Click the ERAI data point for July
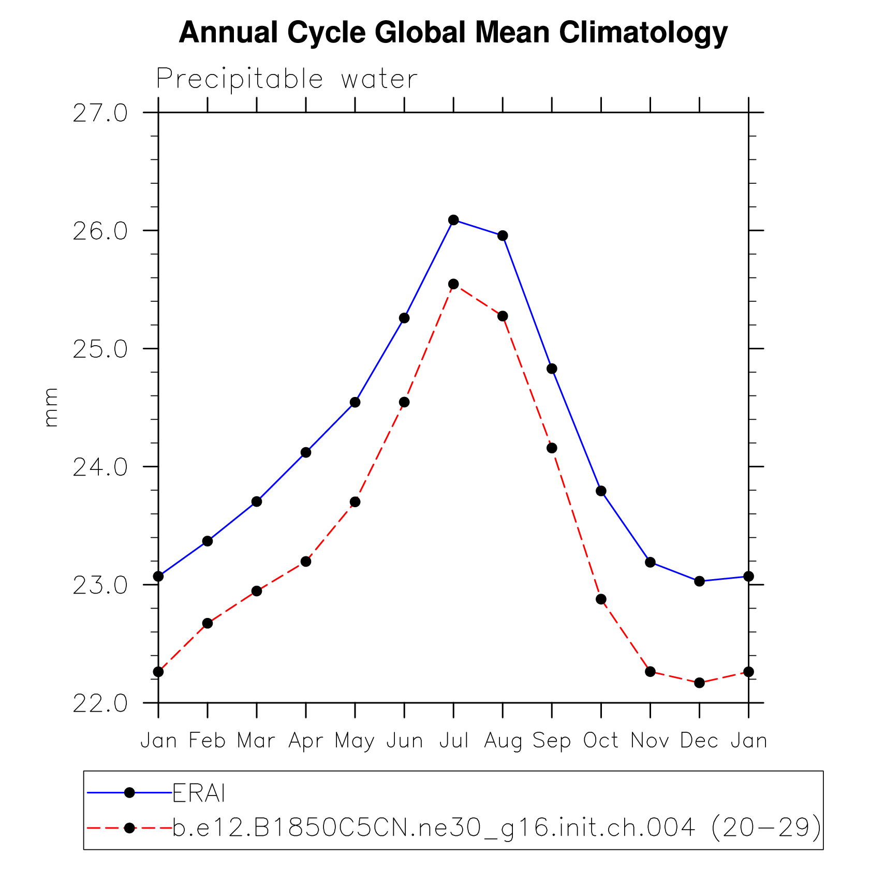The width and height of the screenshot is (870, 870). (453, 220)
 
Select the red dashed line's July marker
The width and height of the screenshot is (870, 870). (453, 284)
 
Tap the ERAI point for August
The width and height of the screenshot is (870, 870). (503, 236)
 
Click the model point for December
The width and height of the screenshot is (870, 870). (699, 683)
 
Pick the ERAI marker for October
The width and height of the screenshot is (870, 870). (601, 491)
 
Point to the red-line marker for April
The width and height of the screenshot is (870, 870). (306, 562)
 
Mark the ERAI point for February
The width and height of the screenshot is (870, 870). (208, 541)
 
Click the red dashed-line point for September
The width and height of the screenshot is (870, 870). (552, 448)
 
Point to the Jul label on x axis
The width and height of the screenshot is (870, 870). (454, 741)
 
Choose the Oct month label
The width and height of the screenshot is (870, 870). (601, 741)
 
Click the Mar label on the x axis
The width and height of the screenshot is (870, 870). (256, 741)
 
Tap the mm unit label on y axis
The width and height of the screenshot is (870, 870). (51, 407)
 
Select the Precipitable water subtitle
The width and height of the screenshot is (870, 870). (287, 80)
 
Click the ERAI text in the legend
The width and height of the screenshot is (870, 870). (199, 793)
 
